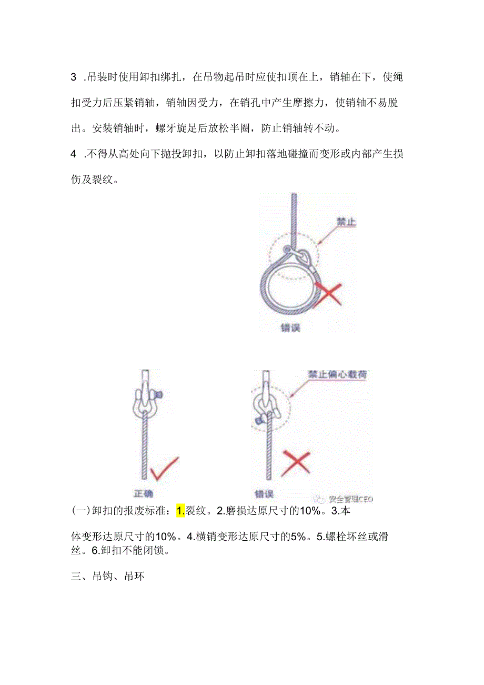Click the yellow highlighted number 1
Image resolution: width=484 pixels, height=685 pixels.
[x=180, y=510]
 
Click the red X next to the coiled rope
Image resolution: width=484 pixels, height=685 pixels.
[x=328, y=293]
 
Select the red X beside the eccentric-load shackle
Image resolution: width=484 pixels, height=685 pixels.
[x=295, y=464]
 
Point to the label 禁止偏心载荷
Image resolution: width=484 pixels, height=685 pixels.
[x=338, y=375]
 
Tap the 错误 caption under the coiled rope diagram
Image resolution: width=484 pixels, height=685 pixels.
[x=290, y=327]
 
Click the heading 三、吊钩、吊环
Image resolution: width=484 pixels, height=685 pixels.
[x=107, y=576]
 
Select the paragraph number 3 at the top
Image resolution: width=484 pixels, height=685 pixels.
[x=74, y=77]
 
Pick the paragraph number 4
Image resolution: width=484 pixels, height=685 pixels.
[x=74, y=154]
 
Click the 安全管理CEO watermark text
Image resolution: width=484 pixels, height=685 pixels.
[x=350, y=499]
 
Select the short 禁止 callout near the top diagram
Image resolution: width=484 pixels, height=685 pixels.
[x=346, y=222]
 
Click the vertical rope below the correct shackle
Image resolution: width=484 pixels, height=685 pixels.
[x=144, y=448]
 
